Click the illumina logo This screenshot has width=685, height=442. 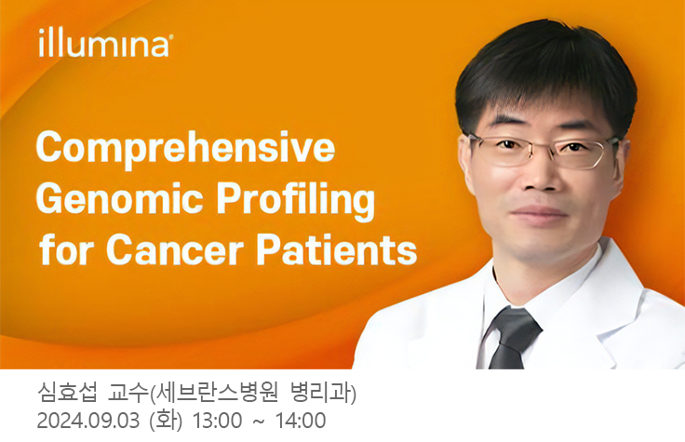[x=104, y=44]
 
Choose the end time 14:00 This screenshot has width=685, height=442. [x=302, y=421]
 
